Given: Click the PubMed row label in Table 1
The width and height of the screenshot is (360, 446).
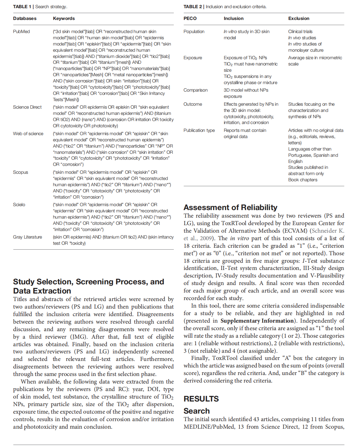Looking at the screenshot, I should tap(21, 31).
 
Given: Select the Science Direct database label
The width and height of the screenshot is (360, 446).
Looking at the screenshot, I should tap(27, 107).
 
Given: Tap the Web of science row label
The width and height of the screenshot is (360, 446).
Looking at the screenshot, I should tap(28, 134).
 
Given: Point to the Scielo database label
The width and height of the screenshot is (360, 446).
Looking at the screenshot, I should tap(19, 205).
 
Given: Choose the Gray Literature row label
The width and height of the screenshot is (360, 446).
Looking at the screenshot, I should tap(27, 237).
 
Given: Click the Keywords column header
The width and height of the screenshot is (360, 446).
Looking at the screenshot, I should tap(64, 18).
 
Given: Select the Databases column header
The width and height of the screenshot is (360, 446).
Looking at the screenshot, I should tap(25, 18).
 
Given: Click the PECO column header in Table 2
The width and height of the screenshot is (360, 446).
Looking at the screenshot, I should tap(190, 18).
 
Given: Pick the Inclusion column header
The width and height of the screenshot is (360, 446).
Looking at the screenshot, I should tap(233, 18).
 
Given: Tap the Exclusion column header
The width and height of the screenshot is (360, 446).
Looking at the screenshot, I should tap(298, 18).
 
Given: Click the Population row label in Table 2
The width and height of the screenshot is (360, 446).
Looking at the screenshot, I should tap(194, 31).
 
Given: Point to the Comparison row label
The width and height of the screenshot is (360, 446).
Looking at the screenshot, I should tap(195, 90).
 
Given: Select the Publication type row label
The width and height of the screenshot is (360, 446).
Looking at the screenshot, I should tap(199, 130).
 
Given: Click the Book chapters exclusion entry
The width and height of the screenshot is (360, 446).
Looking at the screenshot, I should tap(303, 180).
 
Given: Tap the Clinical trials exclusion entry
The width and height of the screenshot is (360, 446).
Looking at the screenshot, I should tap(300, 31).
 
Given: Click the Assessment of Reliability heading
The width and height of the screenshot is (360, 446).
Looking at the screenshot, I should tap(230, 207).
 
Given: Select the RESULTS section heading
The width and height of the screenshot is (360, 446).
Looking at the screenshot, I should tap(201, 399).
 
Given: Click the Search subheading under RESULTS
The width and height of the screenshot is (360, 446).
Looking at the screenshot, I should tap(196, 411).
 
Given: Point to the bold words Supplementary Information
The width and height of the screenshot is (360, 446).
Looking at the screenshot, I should tap(257, 321).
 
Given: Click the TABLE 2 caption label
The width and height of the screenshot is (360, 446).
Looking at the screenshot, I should tap(193, 7).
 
